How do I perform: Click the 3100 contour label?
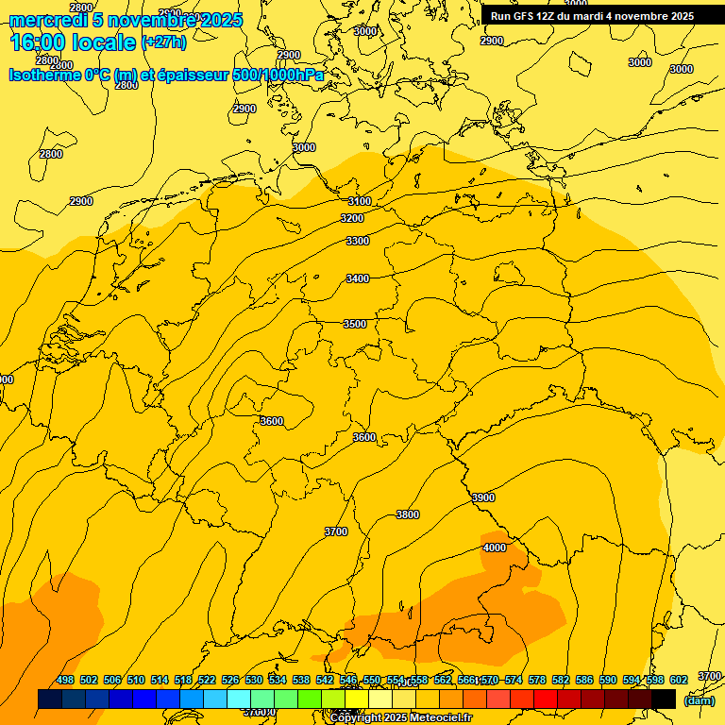(x=359, y=201)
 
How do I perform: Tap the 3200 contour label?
(x=352, y=218)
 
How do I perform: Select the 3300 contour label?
(x=358, y=241)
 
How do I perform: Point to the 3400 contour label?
(x=358, y=278)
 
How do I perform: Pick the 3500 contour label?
(x=354, y=324)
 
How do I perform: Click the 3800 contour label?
(x=408, y=514)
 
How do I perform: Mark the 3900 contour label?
(x=483, y=497)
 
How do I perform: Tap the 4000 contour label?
(x=494, y=548)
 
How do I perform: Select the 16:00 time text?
(x=37, y=42)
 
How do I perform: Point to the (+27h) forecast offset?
(x=163, y=42)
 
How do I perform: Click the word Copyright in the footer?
(x=356, y=718)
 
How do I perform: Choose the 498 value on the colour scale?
(x=65, y=680)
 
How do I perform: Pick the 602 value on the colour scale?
(x=679, y=680)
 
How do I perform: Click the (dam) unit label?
(x=699, y=700)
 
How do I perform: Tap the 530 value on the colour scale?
(x=254, y=680)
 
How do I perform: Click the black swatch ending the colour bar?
(x=664, y=699)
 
